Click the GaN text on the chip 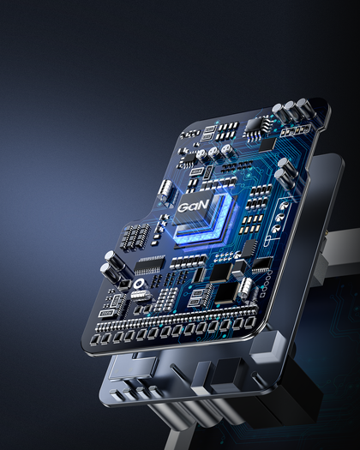[192, 206]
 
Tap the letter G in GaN [183, 207]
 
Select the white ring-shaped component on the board [138, 284]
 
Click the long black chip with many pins [149, 265]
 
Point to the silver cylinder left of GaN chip [166, 190]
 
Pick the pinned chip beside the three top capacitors [256, 127]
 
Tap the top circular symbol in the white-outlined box [285, 205]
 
